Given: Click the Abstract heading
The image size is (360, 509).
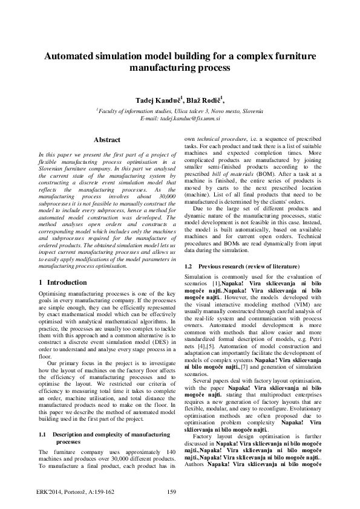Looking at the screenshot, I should click(106, 140).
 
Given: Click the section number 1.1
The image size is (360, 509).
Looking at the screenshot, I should click(44, 434).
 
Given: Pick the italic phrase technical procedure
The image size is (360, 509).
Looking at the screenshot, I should click(220, 138).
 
